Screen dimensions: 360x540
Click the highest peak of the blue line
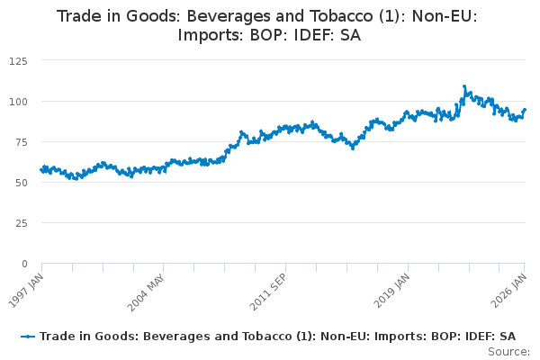(464, 86)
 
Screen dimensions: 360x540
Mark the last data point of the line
(526, 110)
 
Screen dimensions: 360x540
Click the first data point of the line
(41, 169)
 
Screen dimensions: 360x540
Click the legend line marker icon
(29, 336)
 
